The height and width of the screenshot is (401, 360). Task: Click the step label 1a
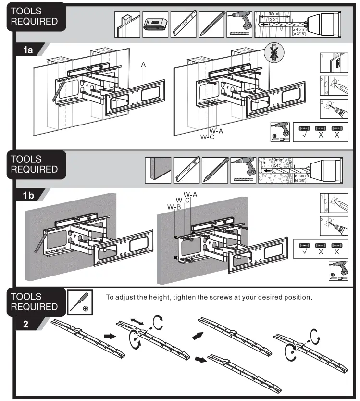click(26, 49)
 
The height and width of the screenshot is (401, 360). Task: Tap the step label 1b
click(26, 196)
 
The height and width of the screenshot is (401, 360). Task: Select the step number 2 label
click(25, 324)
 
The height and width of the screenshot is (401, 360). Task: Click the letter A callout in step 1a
click(143, 64)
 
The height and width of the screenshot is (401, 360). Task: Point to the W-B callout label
click(174, 207)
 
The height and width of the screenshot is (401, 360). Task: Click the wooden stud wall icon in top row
click(127, 24)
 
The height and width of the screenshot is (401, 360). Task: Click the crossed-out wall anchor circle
click(274, 53)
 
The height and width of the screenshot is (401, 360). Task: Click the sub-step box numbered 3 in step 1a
click(331, 109)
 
